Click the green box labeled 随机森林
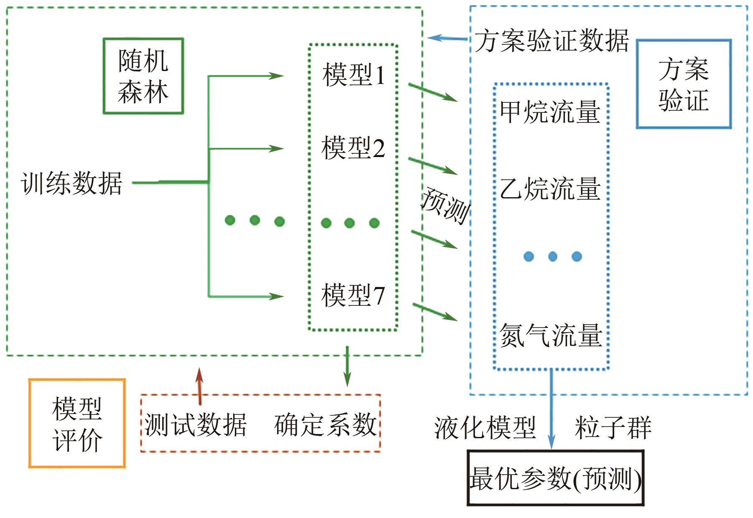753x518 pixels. click(x=143, y=76)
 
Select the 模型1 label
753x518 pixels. click(x=354, y=75)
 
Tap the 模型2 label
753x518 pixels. click(x=353, y=148)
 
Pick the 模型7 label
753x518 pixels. click(x=353, y=295)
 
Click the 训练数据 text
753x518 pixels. click(x=71, y=183)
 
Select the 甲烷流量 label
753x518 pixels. click(x=550, y=112)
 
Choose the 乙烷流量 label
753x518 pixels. click(x=550, y=188)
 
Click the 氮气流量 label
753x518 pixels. click(x=551, y=335)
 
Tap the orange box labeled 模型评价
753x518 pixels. click(x=77, y=423)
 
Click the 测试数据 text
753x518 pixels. click(x=196, y=425)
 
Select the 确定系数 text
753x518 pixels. click(x=326, y=425)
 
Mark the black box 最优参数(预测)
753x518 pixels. click(x=555, y=478)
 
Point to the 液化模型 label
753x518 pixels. click(x=485, y=428)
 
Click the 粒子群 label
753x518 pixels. click(x=613, y=428)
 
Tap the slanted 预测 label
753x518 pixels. click(x=445, y=206)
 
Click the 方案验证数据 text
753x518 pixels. click(x=552, y=41)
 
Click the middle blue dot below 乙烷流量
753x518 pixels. click(x=552, y=256)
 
